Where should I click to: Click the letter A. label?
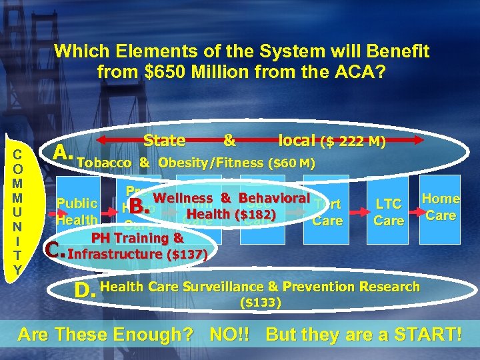click(x=63, y=154)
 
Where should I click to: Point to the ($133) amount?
click(x=260, y=303)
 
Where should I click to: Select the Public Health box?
click(x=77, y=211)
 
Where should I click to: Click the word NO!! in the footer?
click(x=233, y=334)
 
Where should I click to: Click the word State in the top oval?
click(x=164, y=140)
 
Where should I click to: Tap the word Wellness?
click(x=183, y=198)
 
